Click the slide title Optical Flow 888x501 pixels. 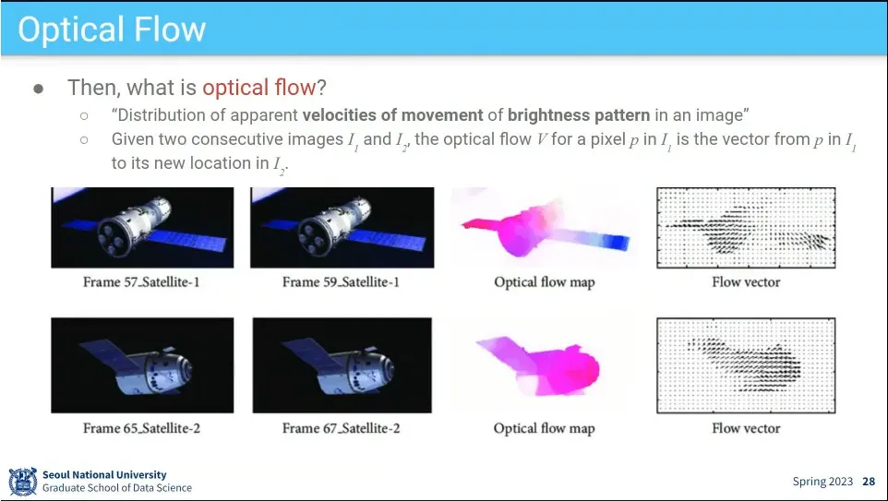(x=112, y=30)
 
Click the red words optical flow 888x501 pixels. (x=258, y=87)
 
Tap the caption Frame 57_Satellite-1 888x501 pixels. (x=141, y=282)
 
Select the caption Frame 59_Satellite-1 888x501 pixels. (x=341, y=282)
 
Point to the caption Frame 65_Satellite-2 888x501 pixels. (x=141, y=428)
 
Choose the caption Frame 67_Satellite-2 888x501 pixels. (x=341, y=428)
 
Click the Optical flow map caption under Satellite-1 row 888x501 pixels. (x=545, y=282)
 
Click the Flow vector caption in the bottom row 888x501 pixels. (x=746, y=428)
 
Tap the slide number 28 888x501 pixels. (x=869, y=482)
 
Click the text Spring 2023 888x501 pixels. (x=822, y=482)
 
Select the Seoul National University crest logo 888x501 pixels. (x=23, y=482)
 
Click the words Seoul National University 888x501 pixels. (x=104, y=474)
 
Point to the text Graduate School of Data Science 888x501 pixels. (x=117, y=487)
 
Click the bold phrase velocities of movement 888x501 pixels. (x=392, y=115)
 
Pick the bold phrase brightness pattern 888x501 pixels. (x=579, y=115)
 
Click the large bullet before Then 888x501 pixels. (x=39, y=89)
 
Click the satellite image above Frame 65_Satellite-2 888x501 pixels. (x=142, y=365)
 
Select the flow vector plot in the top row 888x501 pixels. (x=746, y=228)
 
